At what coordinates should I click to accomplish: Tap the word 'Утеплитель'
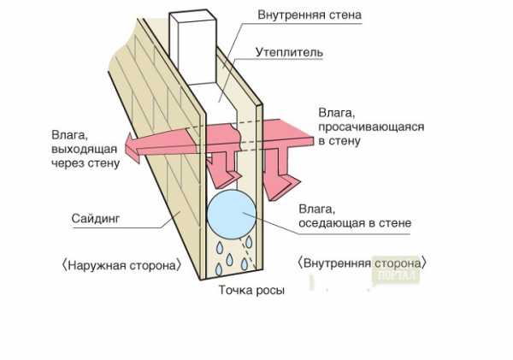pos(288,52)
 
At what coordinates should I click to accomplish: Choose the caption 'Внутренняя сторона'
pos(364,262)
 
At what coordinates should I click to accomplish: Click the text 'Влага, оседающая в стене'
pos(355,215)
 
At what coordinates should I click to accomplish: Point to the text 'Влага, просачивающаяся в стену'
pos(370,126)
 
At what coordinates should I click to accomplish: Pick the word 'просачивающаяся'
pos(372,126)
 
